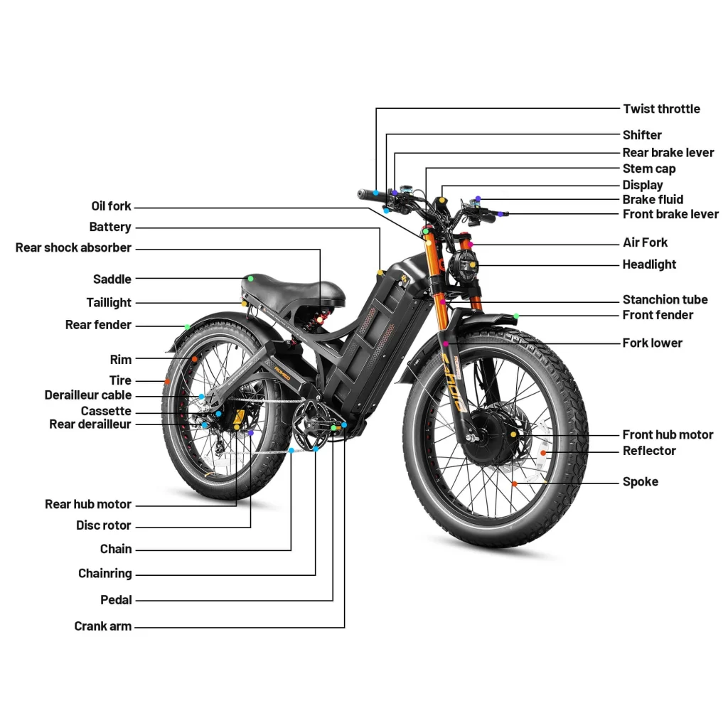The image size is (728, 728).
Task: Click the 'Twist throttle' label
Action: (x=661, y=109)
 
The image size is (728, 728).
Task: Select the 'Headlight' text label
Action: (x=649, y=264)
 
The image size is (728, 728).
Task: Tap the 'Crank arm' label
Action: (x=102, y=626)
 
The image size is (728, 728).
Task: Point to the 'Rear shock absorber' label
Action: (x=73, y=248)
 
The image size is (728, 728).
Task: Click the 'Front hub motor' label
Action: (x=668, y=434)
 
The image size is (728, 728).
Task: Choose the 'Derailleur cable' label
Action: (x=87, y=395)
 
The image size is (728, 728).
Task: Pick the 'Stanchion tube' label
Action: (x=665, y=299)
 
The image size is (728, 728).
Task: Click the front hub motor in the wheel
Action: (x=500, y=434)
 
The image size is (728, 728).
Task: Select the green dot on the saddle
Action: (x=250, y=277)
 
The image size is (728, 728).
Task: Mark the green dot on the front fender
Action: (x=516, y=315)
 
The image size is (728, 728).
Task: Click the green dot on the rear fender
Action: (x=187, y=326)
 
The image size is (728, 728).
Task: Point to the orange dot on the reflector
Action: (x=543, y=452)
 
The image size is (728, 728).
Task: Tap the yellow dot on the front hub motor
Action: (x=513, y=433)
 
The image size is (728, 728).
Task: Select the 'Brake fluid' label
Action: (x=653, y=200)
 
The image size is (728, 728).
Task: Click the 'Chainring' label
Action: (x=105, y=573)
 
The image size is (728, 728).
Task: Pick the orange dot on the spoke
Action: (x=515, y=483)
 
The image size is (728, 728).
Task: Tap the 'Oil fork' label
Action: (x=111, y=206)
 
